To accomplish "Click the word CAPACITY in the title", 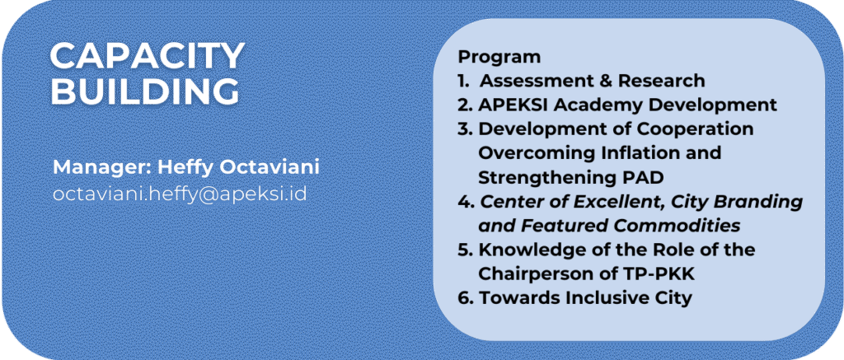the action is pos(148,55).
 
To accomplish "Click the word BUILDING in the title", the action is pos(145,91).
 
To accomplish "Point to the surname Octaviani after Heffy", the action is pos(270,167).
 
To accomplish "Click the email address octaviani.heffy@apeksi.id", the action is pos(180,194).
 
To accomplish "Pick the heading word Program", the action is pos(499,57).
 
